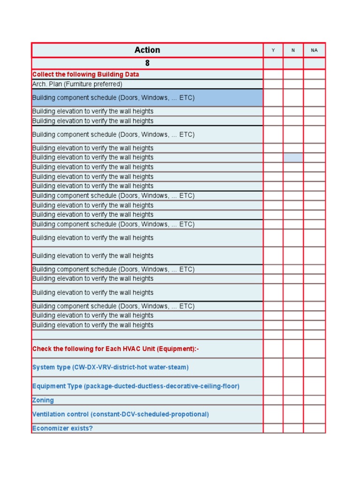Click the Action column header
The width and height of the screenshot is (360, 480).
(147, 50)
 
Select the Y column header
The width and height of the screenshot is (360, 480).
(273, 50)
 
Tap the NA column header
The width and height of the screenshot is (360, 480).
(314, 50)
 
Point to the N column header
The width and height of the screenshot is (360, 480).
(293, 50)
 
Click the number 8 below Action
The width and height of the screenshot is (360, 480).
(147, 63)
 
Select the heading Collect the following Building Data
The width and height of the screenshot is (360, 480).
(85, 75)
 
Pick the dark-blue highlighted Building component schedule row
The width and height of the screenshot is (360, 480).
(147, 98)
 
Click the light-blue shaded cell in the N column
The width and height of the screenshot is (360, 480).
(293, 157)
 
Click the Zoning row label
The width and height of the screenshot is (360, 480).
(43, 400)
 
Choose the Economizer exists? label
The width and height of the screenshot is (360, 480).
(62, 428)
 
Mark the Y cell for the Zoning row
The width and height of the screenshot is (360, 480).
(273, 400)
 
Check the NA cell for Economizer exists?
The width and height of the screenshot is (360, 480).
(314, 428)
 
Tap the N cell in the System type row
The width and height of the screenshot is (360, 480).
(293, 367)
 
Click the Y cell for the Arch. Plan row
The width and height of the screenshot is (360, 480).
(273, 84)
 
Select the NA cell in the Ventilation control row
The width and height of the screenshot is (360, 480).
(314, 414)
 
